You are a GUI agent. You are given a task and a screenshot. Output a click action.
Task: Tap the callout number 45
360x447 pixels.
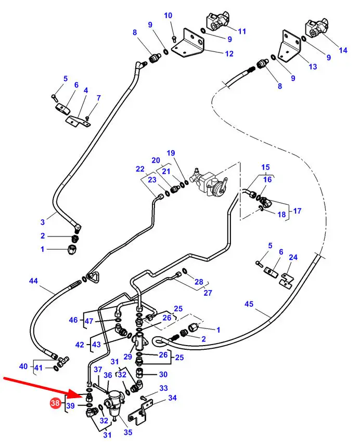(249, 304)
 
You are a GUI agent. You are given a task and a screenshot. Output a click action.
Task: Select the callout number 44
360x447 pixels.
(33, 281)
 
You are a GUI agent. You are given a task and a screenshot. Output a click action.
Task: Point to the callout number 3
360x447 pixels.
(43, 222)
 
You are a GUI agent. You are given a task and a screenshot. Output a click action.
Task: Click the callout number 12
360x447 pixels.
(229, 53)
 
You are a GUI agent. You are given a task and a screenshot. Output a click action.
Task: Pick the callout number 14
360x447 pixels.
(343, 50)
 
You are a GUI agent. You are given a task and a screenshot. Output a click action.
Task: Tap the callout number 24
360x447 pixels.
(293, 257)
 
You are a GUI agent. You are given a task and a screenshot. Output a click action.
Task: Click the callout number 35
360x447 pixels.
(127, 431)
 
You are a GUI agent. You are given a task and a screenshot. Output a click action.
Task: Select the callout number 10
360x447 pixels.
(168, 16)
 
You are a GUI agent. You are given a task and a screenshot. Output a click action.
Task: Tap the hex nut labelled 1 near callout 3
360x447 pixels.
(71, 251)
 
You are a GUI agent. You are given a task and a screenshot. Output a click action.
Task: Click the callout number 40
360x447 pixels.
(23, 366)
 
